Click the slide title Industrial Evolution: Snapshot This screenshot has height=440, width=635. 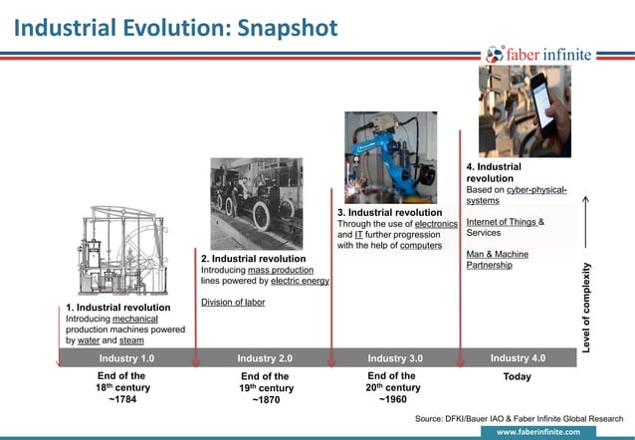[x=175, y=27]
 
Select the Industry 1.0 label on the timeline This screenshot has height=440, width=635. [x=126, y=358]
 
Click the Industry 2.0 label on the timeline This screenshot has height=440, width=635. [x=265, y=358]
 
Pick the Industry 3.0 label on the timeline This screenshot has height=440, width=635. [x=395, y=358]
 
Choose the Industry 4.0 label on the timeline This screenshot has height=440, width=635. [x=518, y=358]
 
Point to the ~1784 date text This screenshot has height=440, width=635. [x=123, y=401]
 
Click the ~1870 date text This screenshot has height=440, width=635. [x=265, y=402]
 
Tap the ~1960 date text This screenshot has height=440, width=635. [x=394, y=401]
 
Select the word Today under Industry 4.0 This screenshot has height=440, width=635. [x=518, y=377]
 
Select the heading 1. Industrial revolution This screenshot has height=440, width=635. [x=118, y=308]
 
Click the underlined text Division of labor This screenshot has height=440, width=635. [x=233, y=303]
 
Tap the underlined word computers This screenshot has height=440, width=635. [x=421, y=245]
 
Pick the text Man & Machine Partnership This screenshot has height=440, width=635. [x=497, y=260]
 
